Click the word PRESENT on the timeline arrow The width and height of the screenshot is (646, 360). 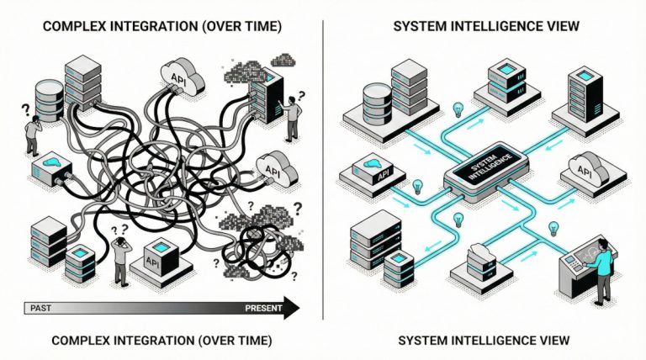263,309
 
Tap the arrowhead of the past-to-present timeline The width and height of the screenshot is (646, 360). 291,309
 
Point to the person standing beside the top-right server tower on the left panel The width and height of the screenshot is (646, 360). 292,118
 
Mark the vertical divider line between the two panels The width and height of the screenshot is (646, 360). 324,168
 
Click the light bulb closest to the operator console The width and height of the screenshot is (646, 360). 553,227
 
